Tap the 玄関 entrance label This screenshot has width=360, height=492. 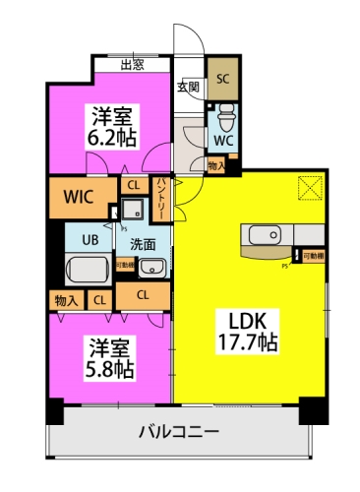pos(188,87)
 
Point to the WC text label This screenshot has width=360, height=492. pos(223,141)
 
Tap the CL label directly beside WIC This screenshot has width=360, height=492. pos(132,183)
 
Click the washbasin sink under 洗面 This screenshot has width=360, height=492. pos(150,268)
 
